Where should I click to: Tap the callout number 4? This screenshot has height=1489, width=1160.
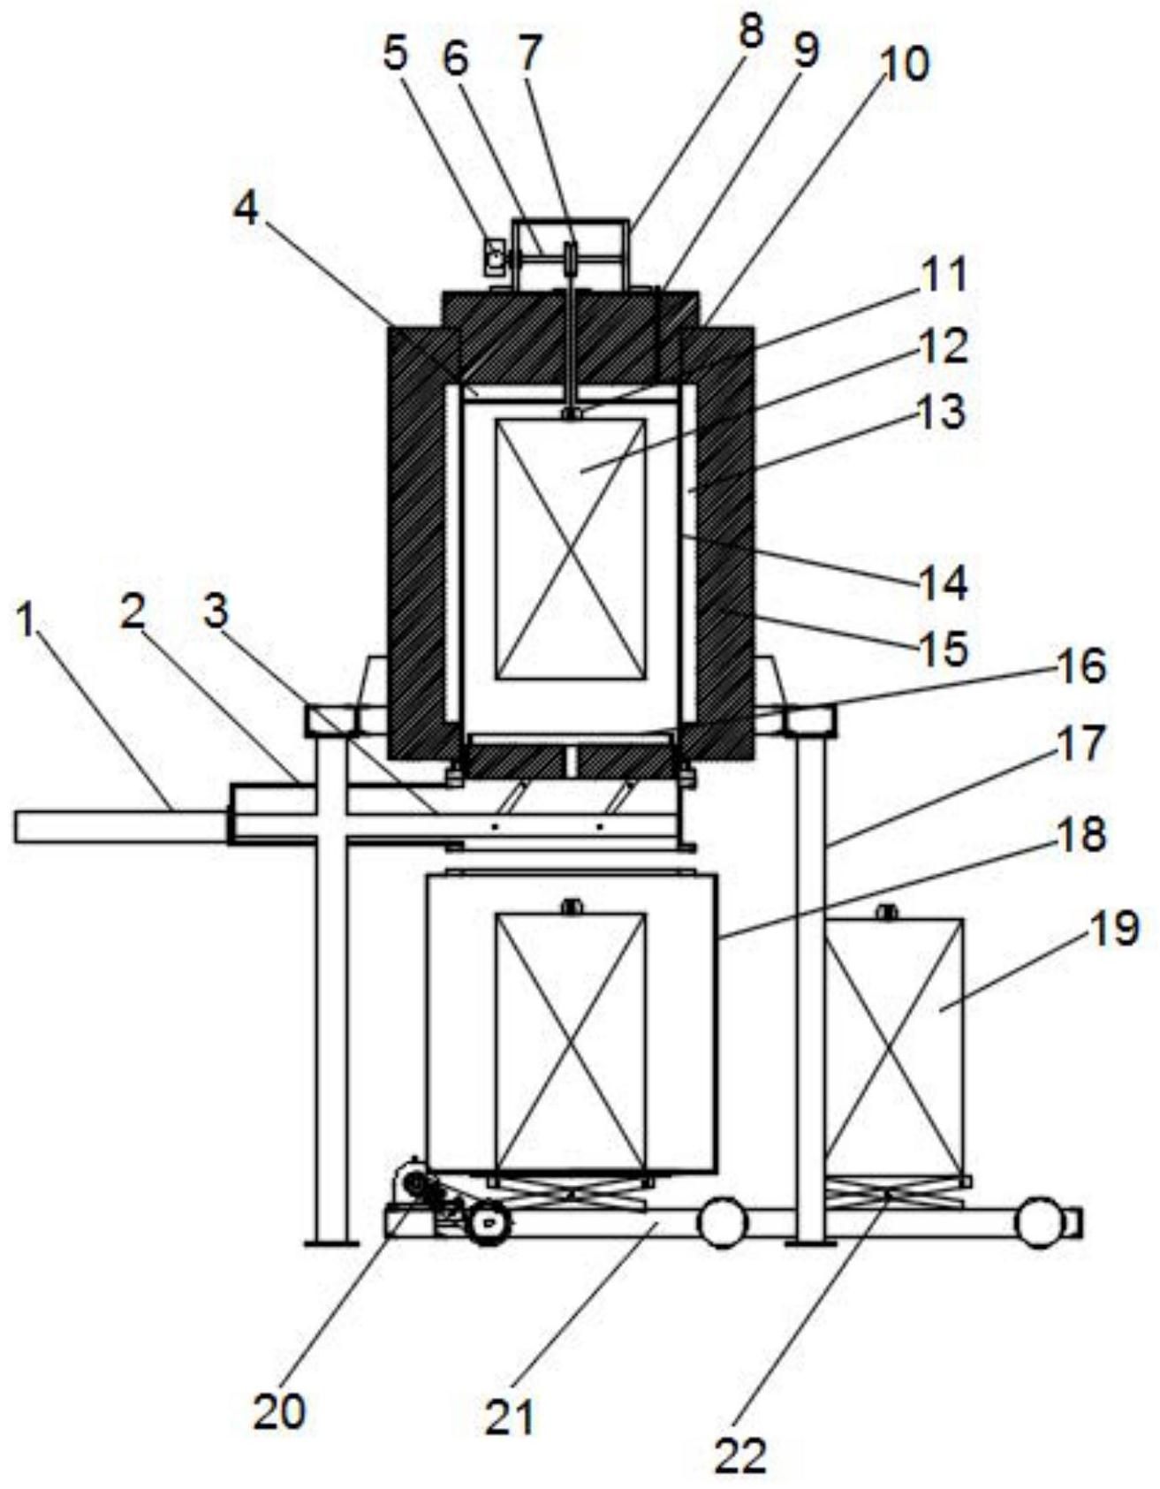(246, 208)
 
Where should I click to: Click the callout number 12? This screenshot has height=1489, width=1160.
(943, 346)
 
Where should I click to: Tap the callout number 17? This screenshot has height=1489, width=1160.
(1080, 743)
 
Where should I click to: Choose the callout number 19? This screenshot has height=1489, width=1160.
(1116, 929)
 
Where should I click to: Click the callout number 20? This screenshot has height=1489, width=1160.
(279, 1411)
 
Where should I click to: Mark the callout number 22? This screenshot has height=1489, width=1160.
(740, 1455)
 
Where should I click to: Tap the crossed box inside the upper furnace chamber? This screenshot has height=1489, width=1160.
(571, 549)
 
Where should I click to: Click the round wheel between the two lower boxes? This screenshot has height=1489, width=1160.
(723, 1222)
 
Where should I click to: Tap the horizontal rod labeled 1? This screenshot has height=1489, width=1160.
(121, 826)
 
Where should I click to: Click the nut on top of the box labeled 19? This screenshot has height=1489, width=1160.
(886, 912)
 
